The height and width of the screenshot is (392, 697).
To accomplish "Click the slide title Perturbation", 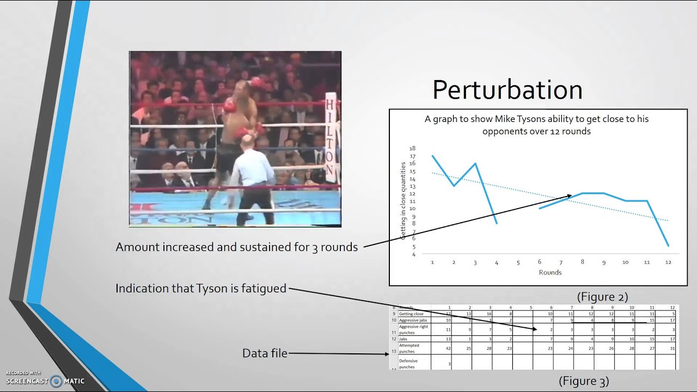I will [507, 90].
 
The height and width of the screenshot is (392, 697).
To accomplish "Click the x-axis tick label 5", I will [518, 262].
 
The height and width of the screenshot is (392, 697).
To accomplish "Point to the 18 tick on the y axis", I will [412, 148].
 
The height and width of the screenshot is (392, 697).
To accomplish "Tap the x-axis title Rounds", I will [550, 272].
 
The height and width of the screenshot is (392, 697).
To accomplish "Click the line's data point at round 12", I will [668, 246].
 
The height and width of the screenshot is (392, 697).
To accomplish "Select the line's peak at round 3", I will [475, 163].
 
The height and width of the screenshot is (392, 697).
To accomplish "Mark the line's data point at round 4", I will [497, 223].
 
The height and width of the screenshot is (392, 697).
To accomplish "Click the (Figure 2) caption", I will [602, 297].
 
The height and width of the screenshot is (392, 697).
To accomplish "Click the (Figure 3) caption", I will [584, 381].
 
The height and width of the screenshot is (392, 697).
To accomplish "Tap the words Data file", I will [265, 353].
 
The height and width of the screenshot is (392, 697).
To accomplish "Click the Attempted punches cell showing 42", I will [448, 348].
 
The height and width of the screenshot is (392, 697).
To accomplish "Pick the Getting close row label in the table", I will [411, 314].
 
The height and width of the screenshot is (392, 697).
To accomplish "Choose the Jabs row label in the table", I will [403, 339].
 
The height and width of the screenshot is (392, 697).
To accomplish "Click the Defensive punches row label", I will [409, 364].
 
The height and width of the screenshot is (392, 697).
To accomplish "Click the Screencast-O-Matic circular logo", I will [56, 381].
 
